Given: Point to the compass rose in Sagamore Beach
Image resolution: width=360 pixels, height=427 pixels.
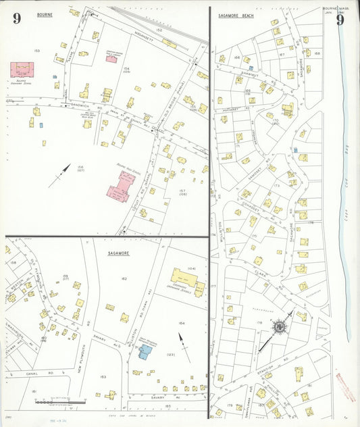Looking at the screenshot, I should tap(278, 328).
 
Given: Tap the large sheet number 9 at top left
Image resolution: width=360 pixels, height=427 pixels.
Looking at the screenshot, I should tap(16, 18).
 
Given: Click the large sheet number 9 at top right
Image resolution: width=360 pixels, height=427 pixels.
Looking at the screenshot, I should tap(340, 20).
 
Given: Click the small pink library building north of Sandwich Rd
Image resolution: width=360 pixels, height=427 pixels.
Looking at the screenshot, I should tap(111, 59).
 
